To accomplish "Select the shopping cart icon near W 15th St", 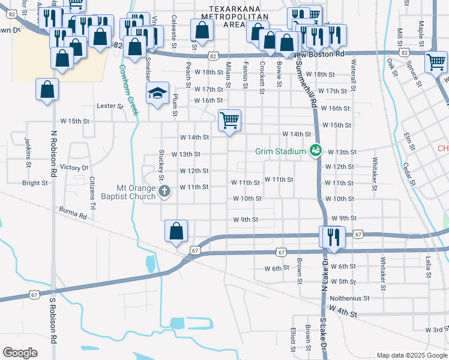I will click(229, 120).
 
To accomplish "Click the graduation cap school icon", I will click(157, 93).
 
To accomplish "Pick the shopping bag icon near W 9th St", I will click(176, 230).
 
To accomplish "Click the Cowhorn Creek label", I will click(127, 90).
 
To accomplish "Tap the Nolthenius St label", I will click(349, 298).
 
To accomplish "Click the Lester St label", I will click(110, 106).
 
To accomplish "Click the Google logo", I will click(20, 353).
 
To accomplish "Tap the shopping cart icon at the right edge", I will click(436, 62).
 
